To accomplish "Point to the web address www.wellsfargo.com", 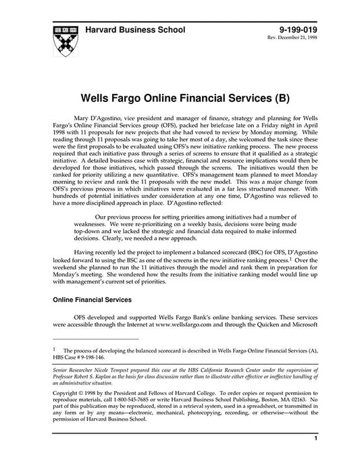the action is point(182,325).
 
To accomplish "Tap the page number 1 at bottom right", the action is point(315,458).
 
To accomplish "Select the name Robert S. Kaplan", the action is point(93,379).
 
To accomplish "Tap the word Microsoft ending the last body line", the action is point(302,325).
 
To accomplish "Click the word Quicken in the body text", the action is point(263,325).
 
